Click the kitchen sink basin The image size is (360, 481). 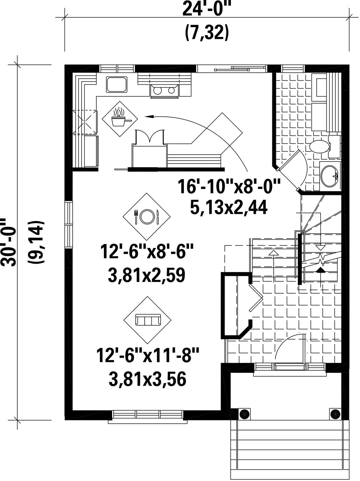point(117,84)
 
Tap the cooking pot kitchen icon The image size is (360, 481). point(120,119)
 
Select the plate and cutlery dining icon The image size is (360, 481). point(147,217)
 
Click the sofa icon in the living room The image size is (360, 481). point(147,320)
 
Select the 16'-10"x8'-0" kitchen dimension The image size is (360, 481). point(229,187)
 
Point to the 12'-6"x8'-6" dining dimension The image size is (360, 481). point(147,253)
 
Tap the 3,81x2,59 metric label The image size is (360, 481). point(147,275)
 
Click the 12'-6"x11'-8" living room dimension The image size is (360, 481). point(147,356)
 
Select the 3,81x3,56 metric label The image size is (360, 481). point(147,379)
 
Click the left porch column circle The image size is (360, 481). point(244,414)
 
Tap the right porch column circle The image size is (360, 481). point(335,414)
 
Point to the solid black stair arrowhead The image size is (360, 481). point(321,270)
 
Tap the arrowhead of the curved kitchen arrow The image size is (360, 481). point(148,117)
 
